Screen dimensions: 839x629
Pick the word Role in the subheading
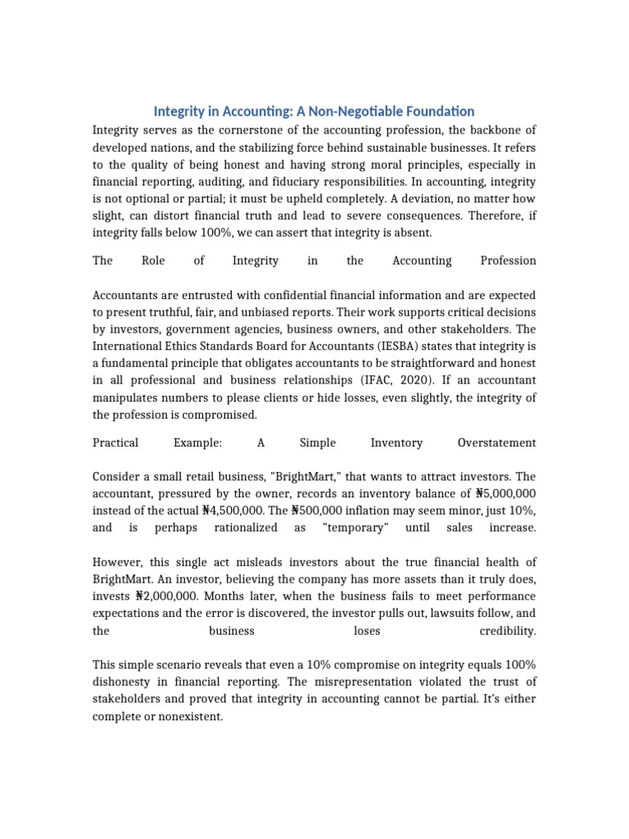(153, 261)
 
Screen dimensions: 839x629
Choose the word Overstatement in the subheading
(496, 442)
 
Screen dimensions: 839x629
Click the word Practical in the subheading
(115, 442)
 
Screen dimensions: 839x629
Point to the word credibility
(507, 631)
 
